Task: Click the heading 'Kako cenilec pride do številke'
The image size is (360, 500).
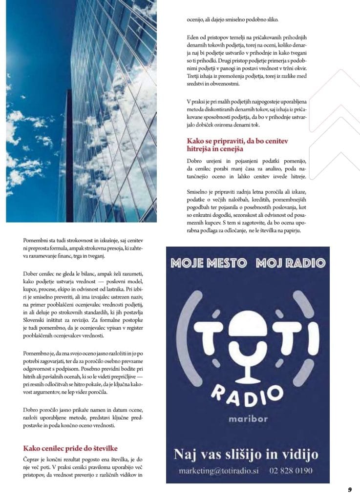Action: pos(70,448)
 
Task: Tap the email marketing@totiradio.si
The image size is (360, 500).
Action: pos(219,471)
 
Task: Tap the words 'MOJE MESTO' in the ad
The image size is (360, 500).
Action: pos(209,263)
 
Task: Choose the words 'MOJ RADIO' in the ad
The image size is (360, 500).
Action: pos(290,263)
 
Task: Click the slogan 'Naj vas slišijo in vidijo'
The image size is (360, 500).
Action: pos(246,455)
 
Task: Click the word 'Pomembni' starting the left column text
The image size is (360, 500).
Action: pos(36,240)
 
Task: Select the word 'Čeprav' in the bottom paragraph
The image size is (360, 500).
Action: pos(32,460)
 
